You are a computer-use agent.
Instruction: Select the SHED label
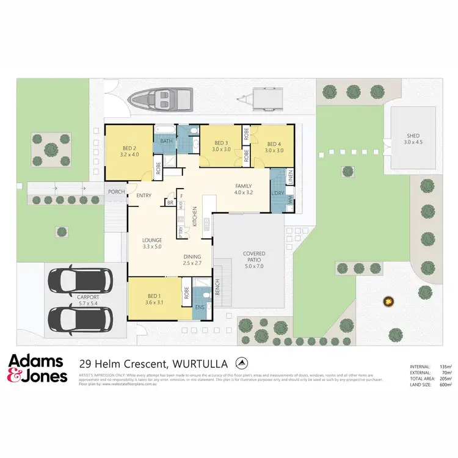413,136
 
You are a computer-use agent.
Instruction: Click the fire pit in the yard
387,301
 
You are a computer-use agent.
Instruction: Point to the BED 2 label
128,148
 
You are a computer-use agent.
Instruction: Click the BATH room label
166,141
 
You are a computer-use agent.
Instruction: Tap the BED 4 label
274,144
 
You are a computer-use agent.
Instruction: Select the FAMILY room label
244,186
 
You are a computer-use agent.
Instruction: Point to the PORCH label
116,192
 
